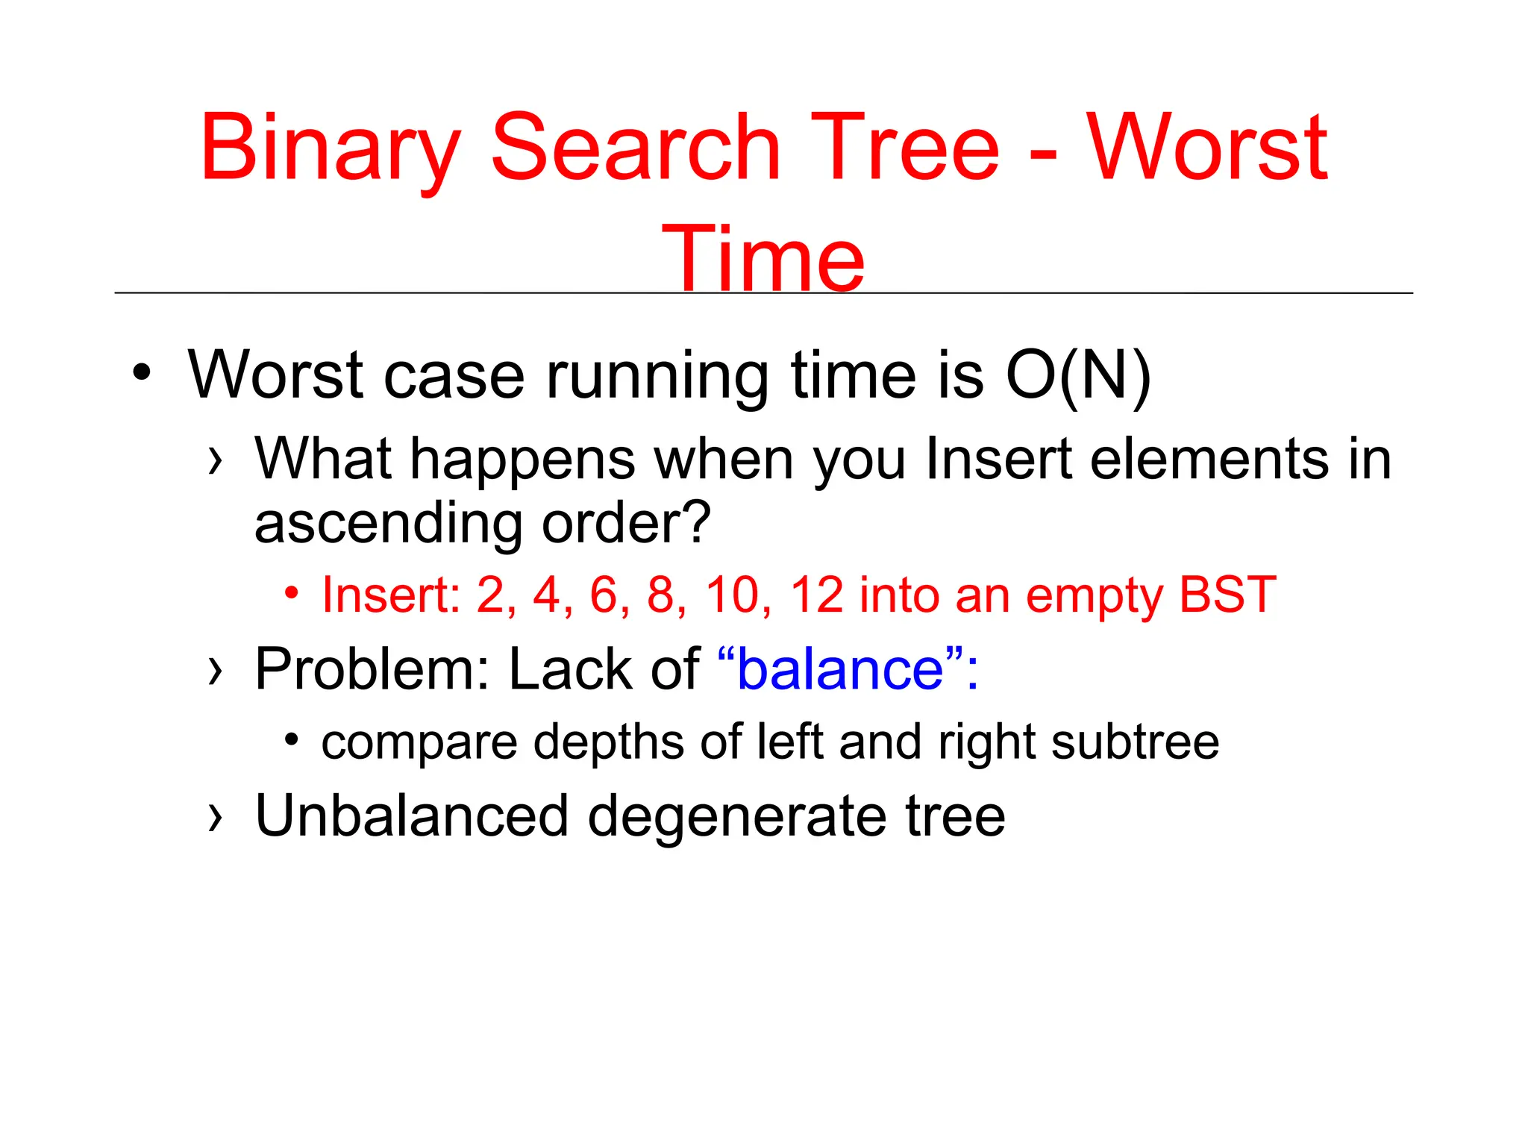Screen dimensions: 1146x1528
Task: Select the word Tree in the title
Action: (x=904, y=147)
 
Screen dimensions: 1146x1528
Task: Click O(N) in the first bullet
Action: (x=1078, y=376)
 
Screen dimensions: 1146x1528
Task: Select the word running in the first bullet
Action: (x=657, y=378)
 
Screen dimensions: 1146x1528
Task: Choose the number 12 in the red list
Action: (x=816, y=595)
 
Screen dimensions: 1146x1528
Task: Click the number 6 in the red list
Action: (x=607, y=595)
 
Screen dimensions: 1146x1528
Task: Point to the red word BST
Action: (x=1227, y=595)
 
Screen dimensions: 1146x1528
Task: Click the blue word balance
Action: (x=840, y=669)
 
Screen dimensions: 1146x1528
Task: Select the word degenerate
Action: (x=737, y=818)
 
